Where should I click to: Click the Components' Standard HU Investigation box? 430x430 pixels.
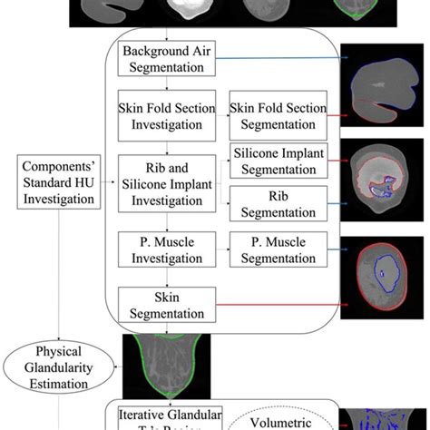click(x=59, y=177)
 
